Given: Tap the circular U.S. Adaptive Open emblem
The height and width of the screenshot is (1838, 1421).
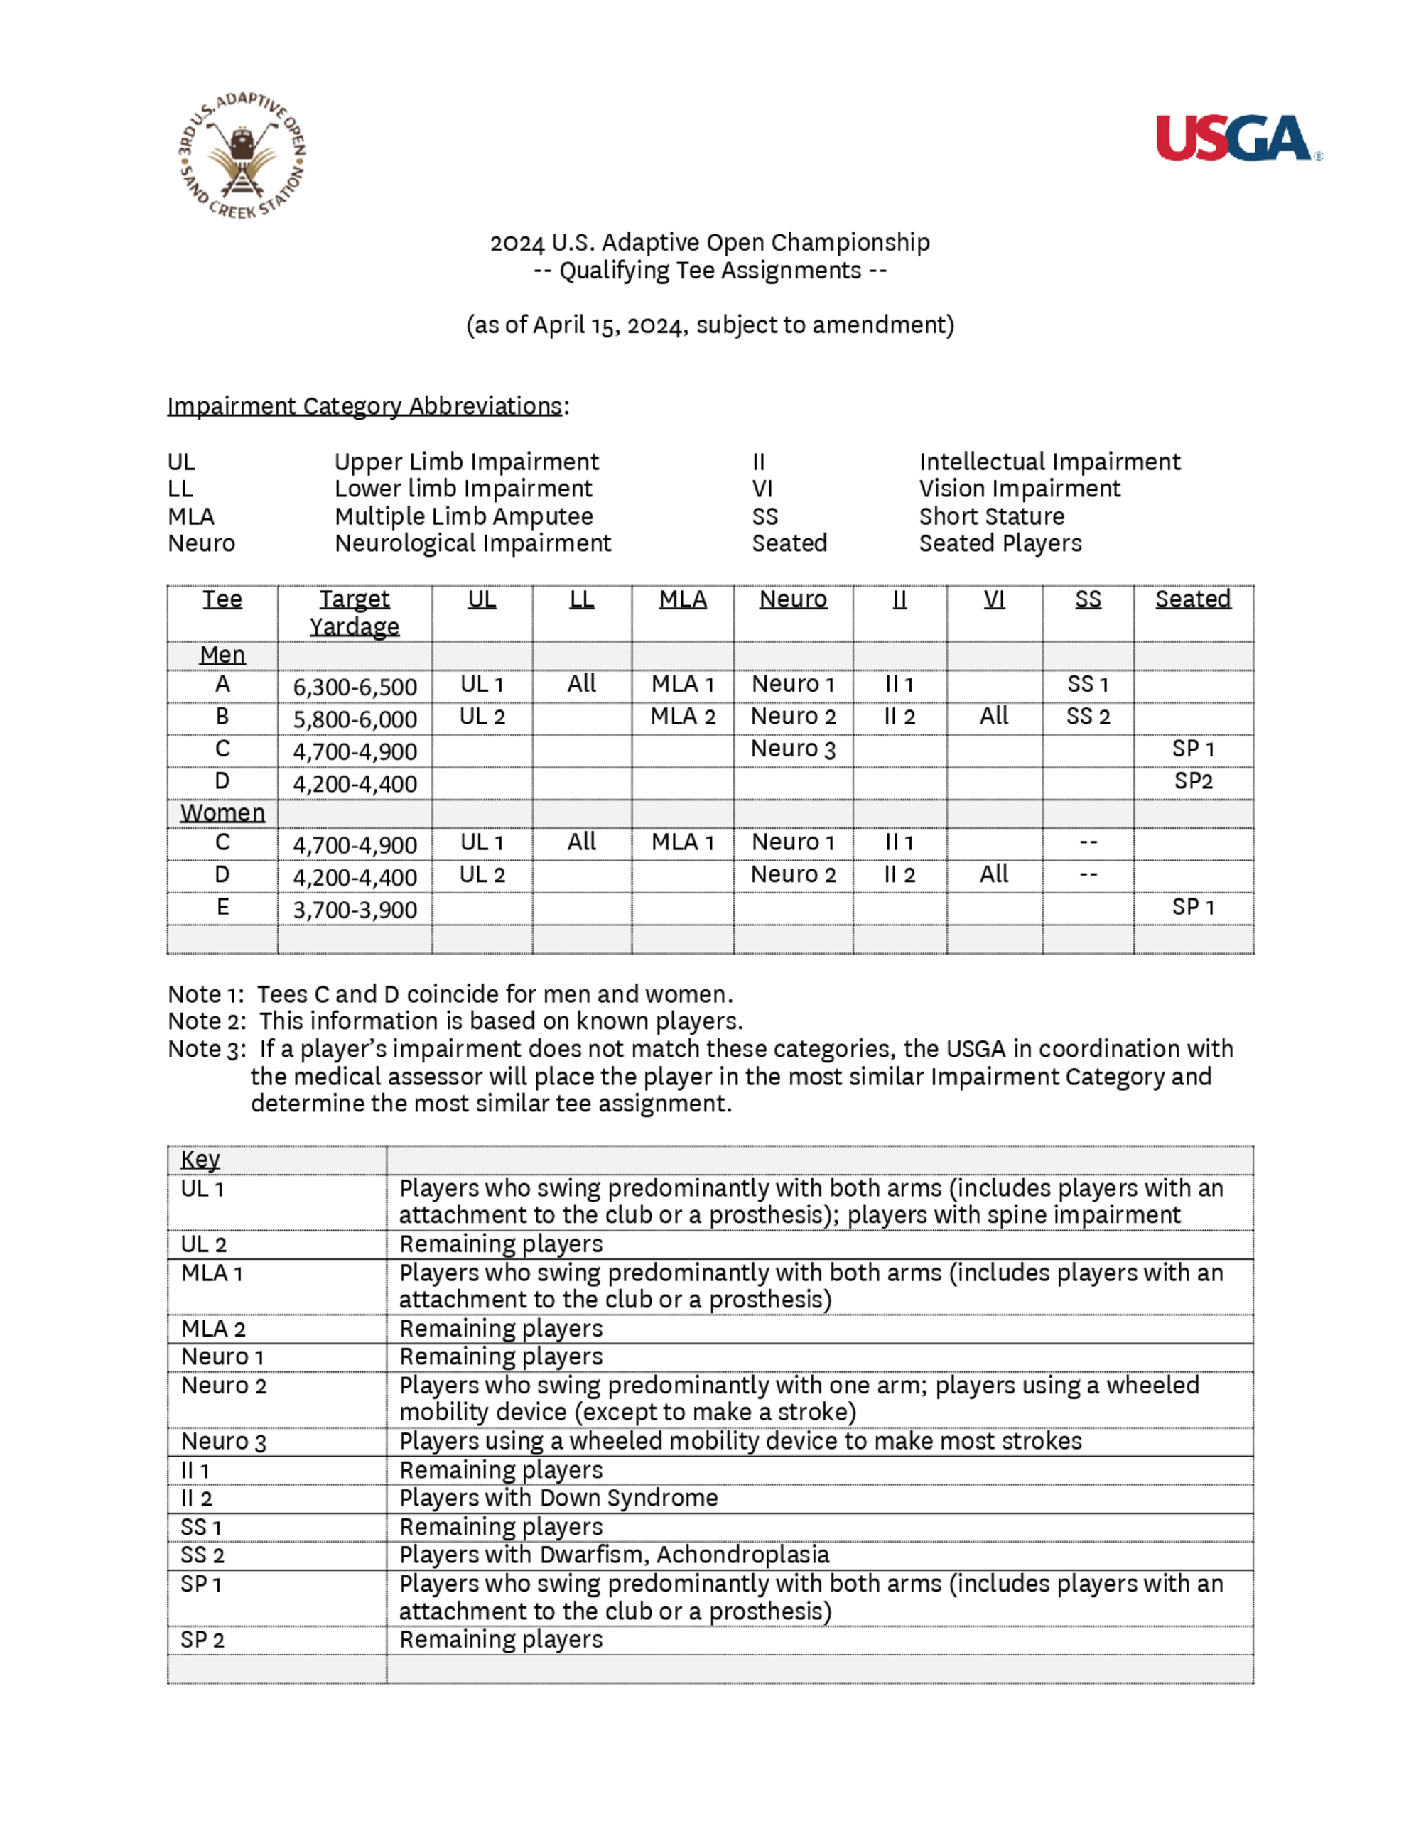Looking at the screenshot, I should click(242, 156).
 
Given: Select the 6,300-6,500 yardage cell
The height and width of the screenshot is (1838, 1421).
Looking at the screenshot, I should click(355, 687).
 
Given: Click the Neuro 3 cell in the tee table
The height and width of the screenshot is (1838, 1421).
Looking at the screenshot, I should click(792, 749).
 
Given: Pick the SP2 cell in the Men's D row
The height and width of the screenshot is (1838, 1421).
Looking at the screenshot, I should click(1193, 781).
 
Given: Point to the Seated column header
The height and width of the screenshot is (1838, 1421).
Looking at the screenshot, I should click(1192, 599).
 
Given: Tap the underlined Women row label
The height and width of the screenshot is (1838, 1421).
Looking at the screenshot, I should click(222, 813).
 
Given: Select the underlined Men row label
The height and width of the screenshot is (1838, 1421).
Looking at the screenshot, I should click(222, 655).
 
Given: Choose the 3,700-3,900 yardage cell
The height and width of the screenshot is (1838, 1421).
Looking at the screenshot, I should click(355, 910).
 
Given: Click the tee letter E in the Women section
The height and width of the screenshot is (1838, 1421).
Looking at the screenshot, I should click(222, 907).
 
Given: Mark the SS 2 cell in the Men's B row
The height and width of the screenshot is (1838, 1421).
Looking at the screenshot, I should click(1088, 717).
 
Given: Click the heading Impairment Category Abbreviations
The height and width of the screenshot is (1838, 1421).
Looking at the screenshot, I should click(364, 406).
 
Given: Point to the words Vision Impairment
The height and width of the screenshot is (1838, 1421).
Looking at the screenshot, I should click(1020, 489).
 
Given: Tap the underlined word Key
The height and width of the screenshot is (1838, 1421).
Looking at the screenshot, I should click(200, 1160).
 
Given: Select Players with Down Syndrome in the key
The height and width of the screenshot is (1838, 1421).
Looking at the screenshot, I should click(558, 1498).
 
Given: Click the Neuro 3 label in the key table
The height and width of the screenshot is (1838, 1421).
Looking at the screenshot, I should click(223, 1442).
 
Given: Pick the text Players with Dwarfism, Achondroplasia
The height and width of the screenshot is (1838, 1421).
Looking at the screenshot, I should click(614, 1555).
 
